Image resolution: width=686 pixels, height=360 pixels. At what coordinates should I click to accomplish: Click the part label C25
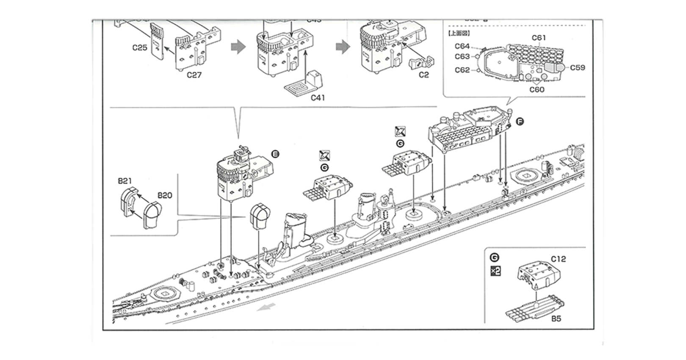tap(139, 47)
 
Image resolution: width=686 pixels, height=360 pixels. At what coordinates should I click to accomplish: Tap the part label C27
tap(194, 75)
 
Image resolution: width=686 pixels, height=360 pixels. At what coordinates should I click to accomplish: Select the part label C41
tap(318, 97)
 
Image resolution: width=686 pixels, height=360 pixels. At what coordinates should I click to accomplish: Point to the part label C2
tap(423, 75)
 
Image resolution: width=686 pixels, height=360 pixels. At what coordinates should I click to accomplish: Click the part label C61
tap(539, 38)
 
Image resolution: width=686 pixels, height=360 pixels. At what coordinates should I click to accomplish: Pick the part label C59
tap(577, 67)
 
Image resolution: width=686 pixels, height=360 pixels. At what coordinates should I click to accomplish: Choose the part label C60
tap(537, 89)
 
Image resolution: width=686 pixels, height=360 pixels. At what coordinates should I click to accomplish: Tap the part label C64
tap(462, 46)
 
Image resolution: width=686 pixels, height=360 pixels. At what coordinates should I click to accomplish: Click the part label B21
tap(124, 181)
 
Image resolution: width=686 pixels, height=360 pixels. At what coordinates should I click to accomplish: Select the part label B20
tap(165, 195)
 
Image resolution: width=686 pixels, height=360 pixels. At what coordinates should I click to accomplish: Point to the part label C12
tap(558, 259)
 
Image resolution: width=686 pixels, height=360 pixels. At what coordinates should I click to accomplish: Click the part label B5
tap(556, 318)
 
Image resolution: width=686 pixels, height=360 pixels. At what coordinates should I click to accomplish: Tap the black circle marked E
tap(275, 154)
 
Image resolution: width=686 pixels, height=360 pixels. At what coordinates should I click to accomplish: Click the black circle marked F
tap(520, 122)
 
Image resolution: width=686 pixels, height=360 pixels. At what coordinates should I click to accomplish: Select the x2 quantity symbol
tap(495, 271)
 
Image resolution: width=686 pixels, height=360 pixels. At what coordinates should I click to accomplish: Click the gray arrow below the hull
tap(266, 307)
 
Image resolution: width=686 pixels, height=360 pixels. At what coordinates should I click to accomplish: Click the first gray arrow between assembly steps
tap(238, 47)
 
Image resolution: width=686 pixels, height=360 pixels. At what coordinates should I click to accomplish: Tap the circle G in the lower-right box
tap(494, 258)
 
